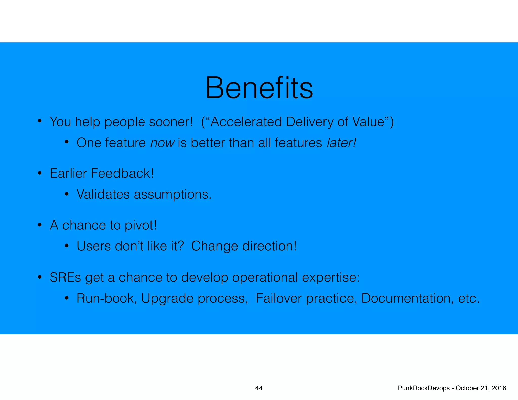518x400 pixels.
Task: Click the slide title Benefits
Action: pos(259,88)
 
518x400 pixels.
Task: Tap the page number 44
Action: pos(259,388)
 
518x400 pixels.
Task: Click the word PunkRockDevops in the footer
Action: pos(424,388)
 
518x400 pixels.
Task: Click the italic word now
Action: pos(162,143)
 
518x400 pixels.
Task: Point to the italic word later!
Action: pos(341,143)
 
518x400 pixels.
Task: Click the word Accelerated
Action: pos(246,122)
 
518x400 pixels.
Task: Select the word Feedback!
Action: pos(122,173)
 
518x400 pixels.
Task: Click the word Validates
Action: pos(103,194)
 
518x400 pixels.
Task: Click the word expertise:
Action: pos(331,278)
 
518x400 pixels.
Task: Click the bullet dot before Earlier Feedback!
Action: pos(40,174)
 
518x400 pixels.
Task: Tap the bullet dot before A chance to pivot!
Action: pos(40,225)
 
